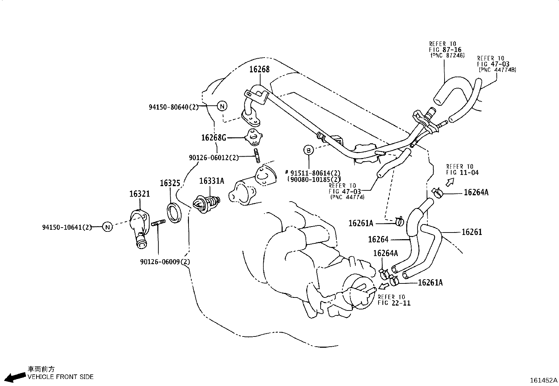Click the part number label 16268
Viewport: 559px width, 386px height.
[259, 70]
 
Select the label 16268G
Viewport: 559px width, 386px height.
[213, 138]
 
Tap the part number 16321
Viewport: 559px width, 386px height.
[139, 194]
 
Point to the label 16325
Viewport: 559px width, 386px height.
[170, 183]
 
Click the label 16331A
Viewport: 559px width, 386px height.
[211, 181]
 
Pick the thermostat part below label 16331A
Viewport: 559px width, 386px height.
[206, 203]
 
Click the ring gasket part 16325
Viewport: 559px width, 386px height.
[174, 213]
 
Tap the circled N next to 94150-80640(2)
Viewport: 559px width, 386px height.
[222, 106]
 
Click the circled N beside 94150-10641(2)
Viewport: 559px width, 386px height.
[108, 227]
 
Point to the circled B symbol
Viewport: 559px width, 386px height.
[308, 150]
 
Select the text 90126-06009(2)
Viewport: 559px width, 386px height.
[165, 262]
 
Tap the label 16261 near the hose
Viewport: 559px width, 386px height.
[472, 232]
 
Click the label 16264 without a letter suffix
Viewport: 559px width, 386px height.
[378, 240]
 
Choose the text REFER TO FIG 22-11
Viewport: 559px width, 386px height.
[394, 300]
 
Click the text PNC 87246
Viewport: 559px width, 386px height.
[447, 55]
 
